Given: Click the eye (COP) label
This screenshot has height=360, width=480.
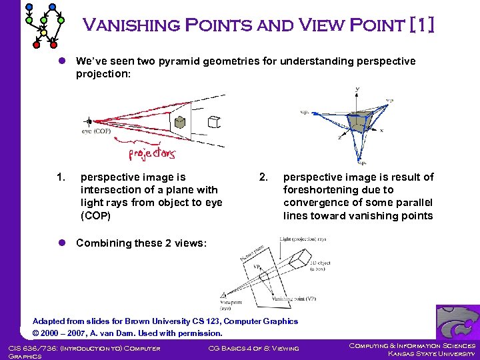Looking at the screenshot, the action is click(x=97, y=131).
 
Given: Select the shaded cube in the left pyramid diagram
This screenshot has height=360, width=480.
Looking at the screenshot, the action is click(x=179, y=121).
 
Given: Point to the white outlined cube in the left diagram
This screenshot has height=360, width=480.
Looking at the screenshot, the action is click(x=213, y=121).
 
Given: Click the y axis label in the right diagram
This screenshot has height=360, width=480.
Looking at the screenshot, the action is click(x=357, y=89).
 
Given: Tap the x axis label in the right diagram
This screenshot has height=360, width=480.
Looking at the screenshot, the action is click(x=381, y=131).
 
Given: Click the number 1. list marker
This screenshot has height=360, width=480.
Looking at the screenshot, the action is click(x=61, y=177).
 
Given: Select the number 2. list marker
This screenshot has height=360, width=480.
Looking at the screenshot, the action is click(x=264, y=177).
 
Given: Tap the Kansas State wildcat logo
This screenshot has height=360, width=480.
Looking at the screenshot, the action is click(x=457, y=322).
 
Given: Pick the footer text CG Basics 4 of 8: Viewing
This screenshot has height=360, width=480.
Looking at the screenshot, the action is click(x=253, y=347).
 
